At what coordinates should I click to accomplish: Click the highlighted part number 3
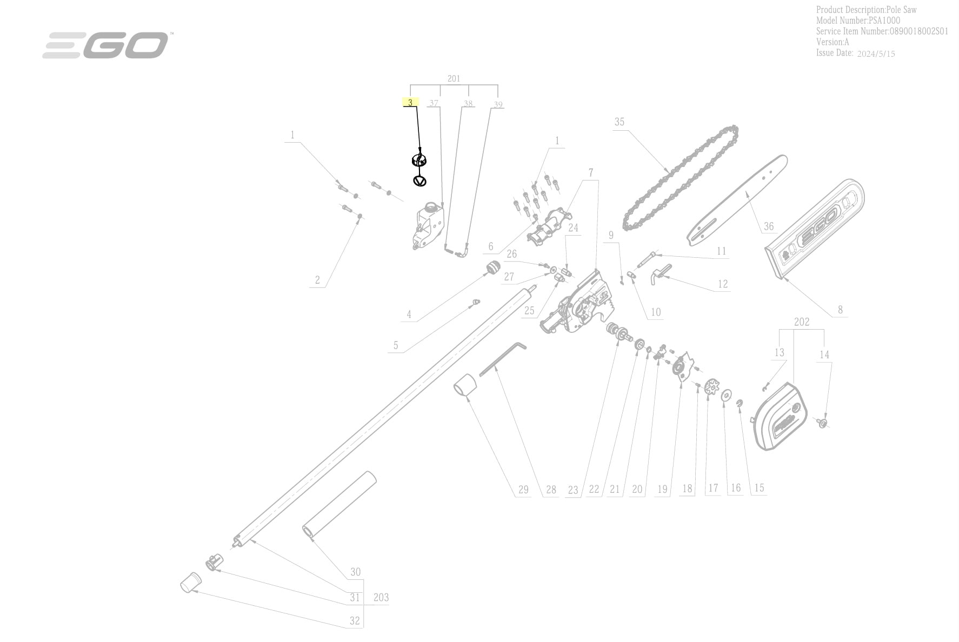coord(410,102)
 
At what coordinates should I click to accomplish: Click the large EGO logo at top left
coord(105,45)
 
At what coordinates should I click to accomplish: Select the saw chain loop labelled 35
coord(680,178)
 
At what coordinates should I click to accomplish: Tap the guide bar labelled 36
coord(737,200)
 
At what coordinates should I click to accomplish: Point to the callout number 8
coord(840,310)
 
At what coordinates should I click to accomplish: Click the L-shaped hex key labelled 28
coord(503,357)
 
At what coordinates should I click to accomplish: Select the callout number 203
coord(381,597)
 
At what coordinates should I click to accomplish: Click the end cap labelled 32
coord(190,583)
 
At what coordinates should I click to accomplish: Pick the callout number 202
coord(802,322)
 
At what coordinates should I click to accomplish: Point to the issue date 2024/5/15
coord(876,54)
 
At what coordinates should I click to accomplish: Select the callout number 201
coord(454,78)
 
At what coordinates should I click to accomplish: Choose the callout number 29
coord(523,490)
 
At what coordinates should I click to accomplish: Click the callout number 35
coord(620,122)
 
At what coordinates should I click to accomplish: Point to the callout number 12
coord(723,284)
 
